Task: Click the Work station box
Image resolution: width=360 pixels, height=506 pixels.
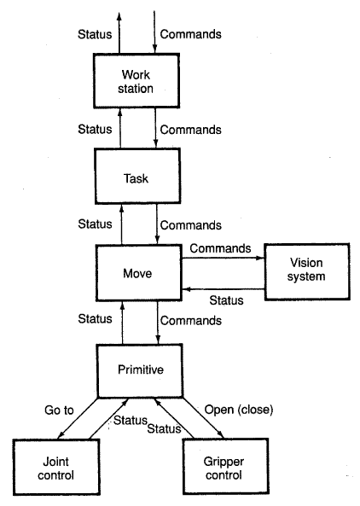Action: click(136, 81)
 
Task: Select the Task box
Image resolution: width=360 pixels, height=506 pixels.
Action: click(137, 176)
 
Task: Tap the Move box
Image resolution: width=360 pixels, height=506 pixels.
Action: click(139, 273)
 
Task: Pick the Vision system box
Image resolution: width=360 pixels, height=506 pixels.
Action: click(307, 272)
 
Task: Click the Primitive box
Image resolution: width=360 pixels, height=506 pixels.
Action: click(140, 370)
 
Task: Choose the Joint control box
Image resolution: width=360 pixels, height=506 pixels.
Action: click(56, 467)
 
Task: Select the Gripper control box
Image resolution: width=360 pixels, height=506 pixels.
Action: click(226, 466)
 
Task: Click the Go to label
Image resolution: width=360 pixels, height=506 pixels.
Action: click(59, 410)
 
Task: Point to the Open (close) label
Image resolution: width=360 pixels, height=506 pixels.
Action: click(239, 410)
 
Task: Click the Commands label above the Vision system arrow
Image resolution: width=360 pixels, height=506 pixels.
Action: click(220, 248)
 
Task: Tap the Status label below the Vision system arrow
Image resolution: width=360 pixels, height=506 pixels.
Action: click(226, 300)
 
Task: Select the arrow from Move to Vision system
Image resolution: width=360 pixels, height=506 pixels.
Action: click(223, 259)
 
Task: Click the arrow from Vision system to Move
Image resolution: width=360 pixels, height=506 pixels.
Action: click(223, 289)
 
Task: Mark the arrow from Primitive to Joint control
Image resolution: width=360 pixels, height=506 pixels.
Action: click(78, 418)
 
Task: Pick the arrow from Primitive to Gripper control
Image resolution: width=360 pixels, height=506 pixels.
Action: click(203, 417)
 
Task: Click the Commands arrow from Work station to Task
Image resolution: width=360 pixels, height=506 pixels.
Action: click(155, 128)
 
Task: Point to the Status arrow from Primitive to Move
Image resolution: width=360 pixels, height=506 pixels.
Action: click(122, 323)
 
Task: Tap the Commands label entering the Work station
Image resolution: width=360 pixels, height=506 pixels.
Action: click(190, 34)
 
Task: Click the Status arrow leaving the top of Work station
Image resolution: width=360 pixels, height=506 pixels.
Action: click(119, 33)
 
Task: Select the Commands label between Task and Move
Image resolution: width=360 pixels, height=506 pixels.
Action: click(190, 225)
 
